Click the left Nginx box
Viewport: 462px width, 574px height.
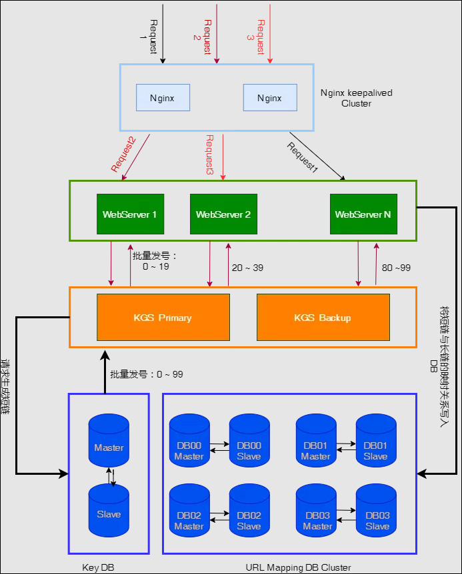coord(163,97)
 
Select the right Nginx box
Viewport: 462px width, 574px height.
coord(270,97)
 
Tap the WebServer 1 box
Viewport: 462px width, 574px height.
coord(131,214)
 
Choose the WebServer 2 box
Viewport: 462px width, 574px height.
coord(223,214)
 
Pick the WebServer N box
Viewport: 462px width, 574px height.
coord(363,214)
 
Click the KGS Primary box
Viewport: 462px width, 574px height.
coord(163,318)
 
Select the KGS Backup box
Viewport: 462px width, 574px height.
coord(323,318)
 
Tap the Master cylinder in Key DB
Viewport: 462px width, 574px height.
coord(109,441)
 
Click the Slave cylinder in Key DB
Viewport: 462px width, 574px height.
coord(109,511)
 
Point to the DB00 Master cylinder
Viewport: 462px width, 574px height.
coord(189,441)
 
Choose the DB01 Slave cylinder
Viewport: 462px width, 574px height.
coord(376,441)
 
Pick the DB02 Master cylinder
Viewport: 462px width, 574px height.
coord(189,511)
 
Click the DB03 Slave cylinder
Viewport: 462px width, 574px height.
coord(376,511)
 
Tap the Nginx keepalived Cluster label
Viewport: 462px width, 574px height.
coord(357,98)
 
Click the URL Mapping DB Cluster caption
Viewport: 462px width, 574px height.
coord(298,567)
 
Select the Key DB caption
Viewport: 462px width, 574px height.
coord(98,567)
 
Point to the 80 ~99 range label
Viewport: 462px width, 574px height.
coord(396,268)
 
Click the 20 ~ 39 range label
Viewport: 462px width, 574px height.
coord(247,268)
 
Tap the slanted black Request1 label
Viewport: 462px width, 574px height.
coord(302,157)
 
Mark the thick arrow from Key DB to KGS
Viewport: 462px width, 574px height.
coord(105,372)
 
